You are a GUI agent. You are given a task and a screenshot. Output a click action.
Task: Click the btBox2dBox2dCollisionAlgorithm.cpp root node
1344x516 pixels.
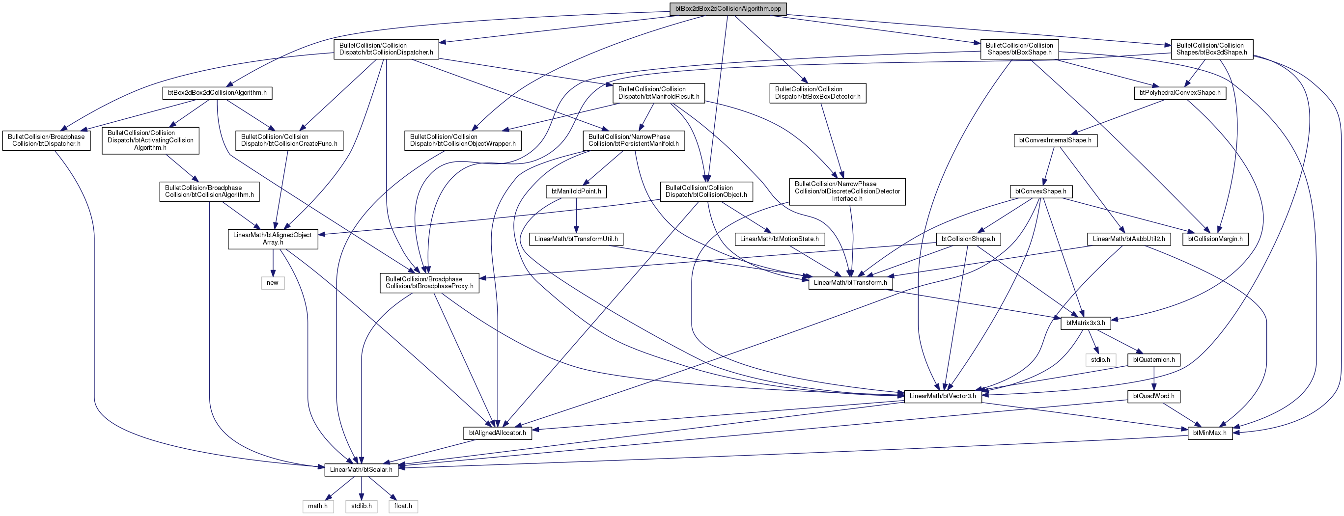(728, 8)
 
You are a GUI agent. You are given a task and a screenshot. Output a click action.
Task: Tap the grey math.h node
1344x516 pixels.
(318, 506)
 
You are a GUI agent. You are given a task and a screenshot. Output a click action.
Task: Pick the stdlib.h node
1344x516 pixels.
(362, 506)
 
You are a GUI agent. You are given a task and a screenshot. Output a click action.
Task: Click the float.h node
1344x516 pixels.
(403, 506)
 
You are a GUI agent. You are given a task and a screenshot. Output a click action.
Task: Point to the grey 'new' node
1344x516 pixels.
(273, 283)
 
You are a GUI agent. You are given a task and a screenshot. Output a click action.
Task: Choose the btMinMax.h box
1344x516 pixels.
(1210, 433)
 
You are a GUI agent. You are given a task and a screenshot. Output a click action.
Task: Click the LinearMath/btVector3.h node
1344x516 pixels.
(943, 396)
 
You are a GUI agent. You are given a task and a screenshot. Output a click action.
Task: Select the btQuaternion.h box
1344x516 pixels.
(1153, 360)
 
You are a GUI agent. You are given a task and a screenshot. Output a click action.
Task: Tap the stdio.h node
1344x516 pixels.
(1100, 360)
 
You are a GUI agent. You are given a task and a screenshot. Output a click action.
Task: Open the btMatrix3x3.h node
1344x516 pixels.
(1086, 323)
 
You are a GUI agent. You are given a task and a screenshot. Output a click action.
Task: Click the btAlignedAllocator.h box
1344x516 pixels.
(497, 433)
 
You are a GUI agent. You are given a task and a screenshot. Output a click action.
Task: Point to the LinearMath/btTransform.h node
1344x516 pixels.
(850, 283)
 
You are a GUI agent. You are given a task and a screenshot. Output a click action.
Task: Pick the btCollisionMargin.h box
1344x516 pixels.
(1215, 239)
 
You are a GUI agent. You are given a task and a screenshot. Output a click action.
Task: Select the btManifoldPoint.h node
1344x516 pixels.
(577, 192)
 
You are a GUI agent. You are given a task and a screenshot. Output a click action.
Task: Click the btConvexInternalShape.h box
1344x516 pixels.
(1055, 141)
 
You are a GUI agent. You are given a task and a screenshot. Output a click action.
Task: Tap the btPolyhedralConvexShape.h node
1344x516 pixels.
(1179, 93)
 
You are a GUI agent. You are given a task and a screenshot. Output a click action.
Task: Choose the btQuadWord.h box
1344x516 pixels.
(1153, 397)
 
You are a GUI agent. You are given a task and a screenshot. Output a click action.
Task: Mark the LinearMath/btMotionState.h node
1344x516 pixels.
(780, 239)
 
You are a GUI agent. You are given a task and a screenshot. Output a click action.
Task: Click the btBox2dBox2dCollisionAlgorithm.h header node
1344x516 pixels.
(217, 93)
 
